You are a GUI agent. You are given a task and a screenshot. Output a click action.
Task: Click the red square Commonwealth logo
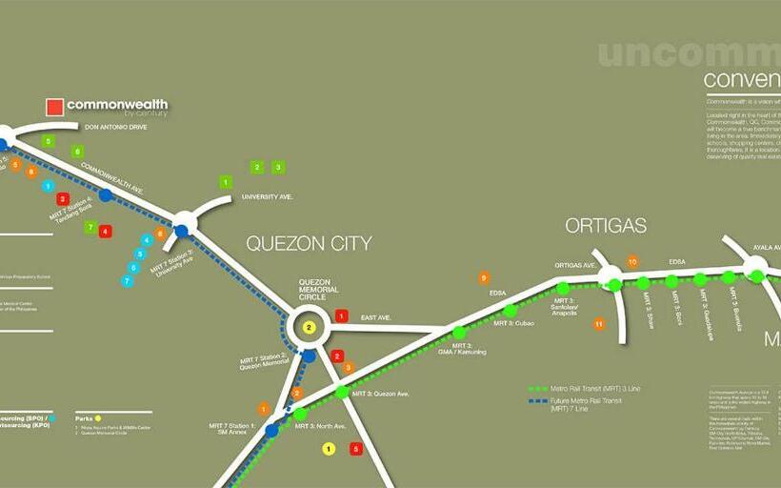pyautogui.click(x=54, y=108)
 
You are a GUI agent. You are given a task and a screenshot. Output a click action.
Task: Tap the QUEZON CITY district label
pyautogui.click(x=309, y=243)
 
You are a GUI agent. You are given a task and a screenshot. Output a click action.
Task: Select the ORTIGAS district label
pyautogui.click(x=606, y=226)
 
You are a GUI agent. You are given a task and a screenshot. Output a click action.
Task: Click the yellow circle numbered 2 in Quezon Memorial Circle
pyautogui.click(x=309, y=328)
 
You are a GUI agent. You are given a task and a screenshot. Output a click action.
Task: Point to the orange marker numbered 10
pyautogui.click(x=631, y=261)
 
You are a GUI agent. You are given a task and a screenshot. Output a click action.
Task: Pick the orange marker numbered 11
pyautogui.click(x=599, y=324)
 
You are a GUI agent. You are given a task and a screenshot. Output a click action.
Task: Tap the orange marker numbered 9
pyautogui.click(x=484, y=278)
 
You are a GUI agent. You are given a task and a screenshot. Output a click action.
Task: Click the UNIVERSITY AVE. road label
pyautogui.click(x=267, y=196)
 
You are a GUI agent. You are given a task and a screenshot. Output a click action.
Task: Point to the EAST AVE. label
pyautogui.click(x=376, y=316)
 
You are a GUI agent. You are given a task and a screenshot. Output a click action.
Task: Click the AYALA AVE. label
pyautogui.click(x=761, y=247)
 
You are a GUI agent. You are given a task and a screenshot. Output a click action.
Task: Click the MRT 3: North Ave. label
pyautogui.click(x=320, y=426)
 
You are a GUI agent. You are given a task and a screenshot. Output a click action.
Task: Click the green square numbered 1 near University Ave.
pyautogui.click(x=226, y=181)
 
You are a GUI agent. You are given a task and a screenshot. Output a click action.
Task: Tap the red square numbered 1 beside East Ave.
pyautogui.click(x=342, y=315)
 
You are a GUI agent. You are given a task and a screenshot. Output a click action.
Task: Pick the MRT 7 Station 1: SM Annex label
pyautogui.click(x=231, y=428)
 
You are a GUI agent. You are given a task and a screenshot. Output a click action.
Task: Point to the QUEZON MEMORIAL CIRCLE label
pyautogui.click(x=313, y=290)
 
